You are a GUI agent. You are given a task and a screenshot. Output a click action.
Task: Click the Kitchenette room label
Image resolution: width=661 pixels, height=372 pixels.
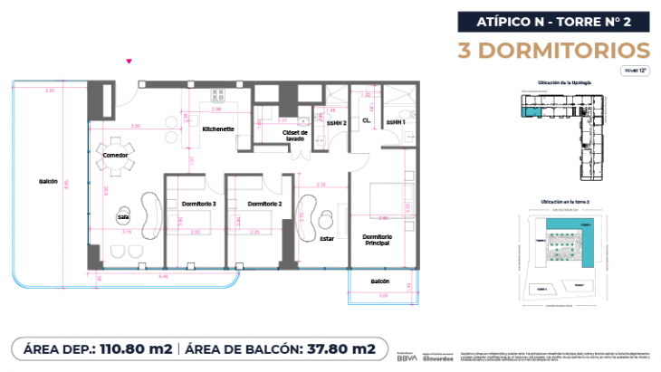click(218, 129)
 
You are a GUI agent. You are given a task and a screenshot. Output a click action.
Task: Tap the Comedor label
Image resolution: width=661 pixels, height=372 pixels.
click(115, 156)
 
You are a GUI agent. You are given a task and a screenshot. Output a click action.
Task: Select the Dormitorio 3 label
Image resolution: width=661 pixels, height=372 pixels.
click(198, 204)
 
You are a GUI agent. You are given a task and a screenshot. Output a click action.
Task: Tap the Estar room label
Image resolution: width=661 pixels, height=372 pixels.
click(327, 239)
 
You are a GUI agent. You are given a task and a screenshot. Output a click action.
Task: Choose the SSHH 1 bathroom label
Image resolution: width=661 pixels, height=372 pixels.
click(396, 122)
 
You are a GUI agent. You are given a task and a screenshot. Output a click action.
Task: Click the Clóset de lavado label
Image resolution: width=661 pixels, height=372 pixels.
click(296, 136)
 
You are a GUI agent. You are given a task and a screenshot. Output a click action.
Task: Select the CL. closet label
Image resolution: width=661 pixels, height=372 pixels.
click(367, 120)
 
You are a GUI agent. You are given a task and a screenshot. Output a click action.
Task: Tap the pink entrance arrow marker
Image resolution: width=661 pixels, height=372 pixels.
click(130, 62)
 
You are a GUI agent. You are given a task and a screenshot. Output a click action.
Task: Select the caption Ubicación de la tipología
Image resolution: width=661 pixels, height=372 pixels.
click(565, 82)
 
